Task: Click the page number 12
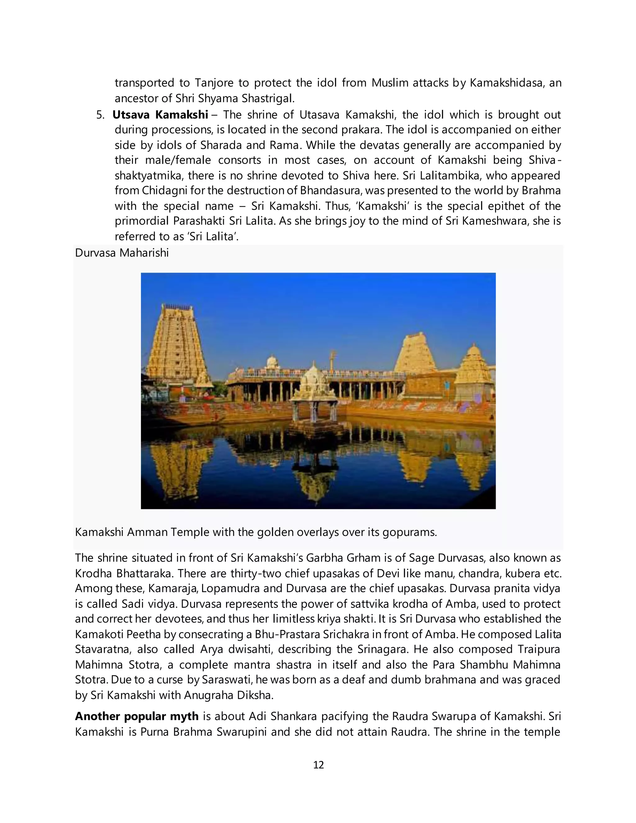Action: coord(318,765)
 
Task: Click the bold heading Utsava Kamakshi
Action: coord(160,115)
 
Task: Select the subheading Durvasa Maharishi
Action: coord(122,253)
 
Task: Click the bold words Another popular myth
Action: coord(136,716)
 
